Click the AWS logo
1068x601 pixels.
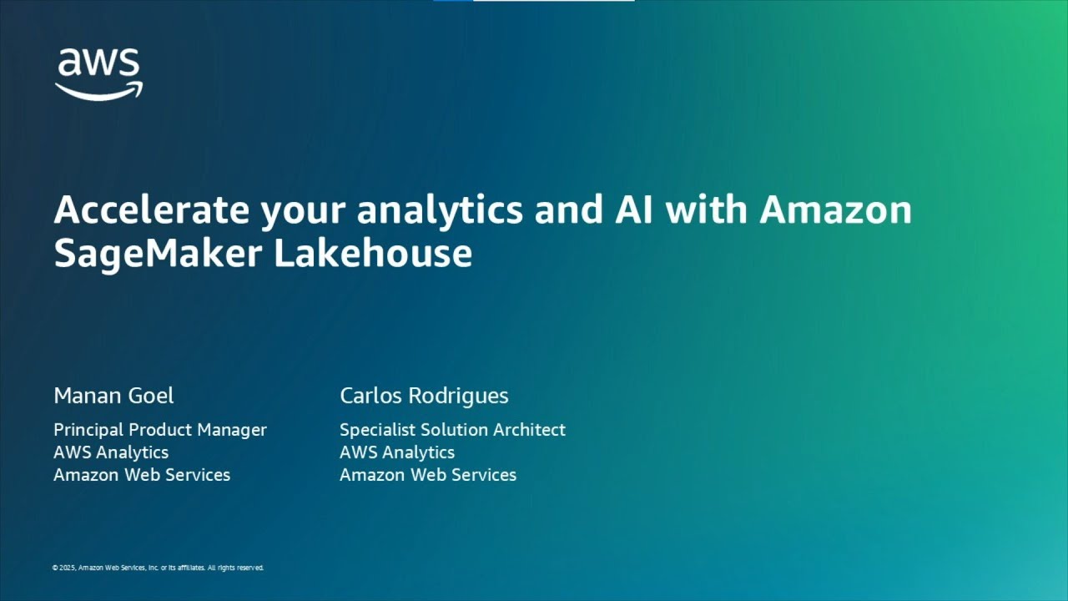[x=98, y=73]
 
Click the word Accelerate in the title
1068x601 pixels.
[x=151, y=210]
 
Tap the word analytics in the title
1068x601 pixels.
[x=440, y=210]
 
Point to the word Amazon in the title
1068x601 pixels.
[x=835, y=210]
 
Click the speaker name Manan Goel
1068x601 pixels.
[x=113, y=396]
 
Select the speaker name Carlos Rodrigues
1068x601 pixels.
[x=424, y=396]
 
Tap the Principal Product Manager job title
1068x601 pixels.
[x=160, y=430]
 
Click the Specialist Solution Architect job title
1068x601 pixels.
[x=452, y=430]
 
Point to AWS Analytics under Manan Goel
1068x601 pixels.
[x=111, y=452]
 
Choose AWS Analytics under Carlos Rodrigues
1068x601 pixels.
[x=397, y=452]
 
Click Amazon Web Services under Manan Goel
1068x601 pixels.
[x=142, y=475]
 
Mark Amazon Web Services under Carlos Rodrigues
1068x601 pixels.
[x=428, y=475]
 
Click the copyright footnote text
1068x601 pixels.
[x=158, y=568]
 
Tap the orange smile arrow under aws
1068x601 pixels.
[x=99, y=90]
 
